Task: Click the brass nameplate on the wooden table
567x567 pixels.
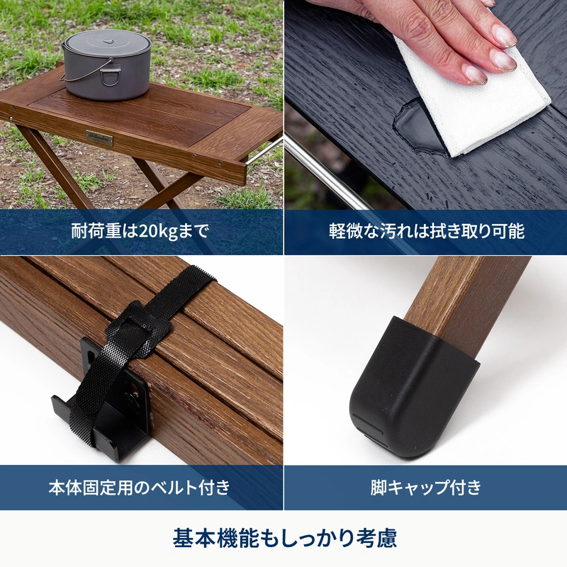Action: (x=99, y=137)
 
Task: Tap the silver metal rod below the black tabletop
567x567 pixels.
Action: (x=325, y=173)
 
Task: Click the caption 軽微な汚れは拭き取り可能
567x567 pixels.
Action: (x=427, y=231)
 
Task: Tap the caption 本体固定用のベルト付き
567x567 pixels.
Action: (x=139, y=487)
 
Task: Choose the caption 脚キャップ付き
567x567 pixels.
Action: (x=426, y=487)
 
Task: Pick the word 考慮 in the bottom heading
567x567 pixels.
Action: (x=376, y=538)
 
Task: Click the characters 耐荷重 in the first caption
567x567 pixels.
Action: (x=96, y=231)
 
